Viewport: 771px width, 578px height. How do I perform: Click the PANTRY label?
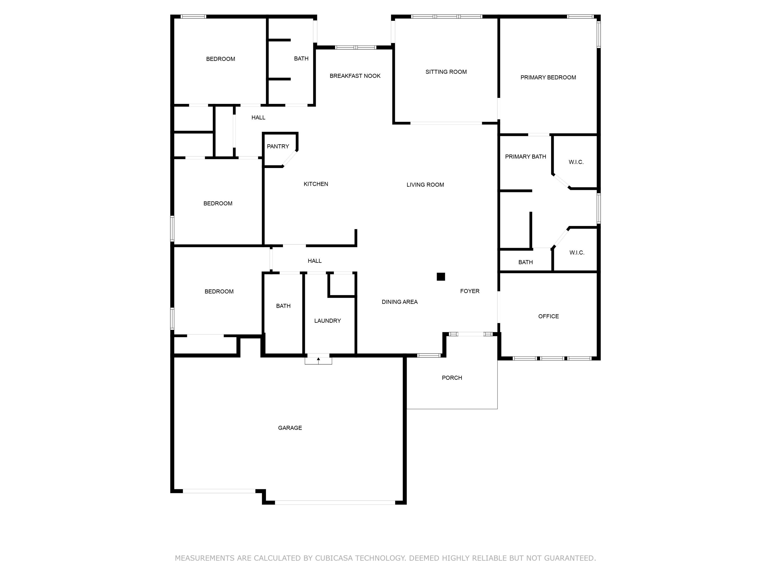(278, 146)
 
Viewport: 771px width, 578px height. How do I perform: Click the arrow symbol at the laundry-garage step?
(318, 359)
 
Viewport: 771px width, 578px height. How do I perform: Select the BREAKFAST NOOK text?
(355, 76)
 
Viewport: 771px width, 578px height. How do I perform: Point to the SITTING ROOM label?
(446, 72)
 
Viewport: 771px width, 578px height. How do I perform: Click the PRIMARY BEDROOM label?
(548, 77)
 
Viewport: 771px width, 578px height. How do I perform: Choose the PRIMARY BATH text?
(525, 157)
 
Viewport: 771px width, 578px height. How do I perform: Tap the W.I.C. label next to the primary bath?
(576, 162)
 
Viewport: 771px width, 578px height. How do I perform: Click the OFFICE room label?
(548, 316)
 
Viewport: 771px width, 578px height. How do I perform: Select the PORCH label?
(452, 378)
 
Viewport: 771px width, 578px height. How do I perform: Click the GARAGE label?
(290, 428)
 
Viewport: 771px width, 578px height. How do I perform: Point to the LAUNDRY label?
(327, 321)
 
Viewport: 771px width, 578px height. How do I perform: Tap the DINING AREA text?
(399, 302)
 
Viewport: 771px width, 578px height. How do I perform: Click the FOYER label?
(470, 291)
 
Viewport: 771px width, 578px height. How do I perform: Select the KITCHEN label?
(315, 184)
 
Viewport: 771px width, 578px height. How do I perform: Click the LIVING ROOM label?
(425, 185)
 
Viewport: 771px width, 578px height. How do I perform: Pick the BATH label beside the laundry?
(283, 306)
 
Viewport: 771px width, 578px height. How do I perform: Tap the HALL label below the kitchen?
(314, 261)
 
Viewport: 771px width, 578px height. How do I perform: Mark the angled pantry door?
(290, 159)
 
